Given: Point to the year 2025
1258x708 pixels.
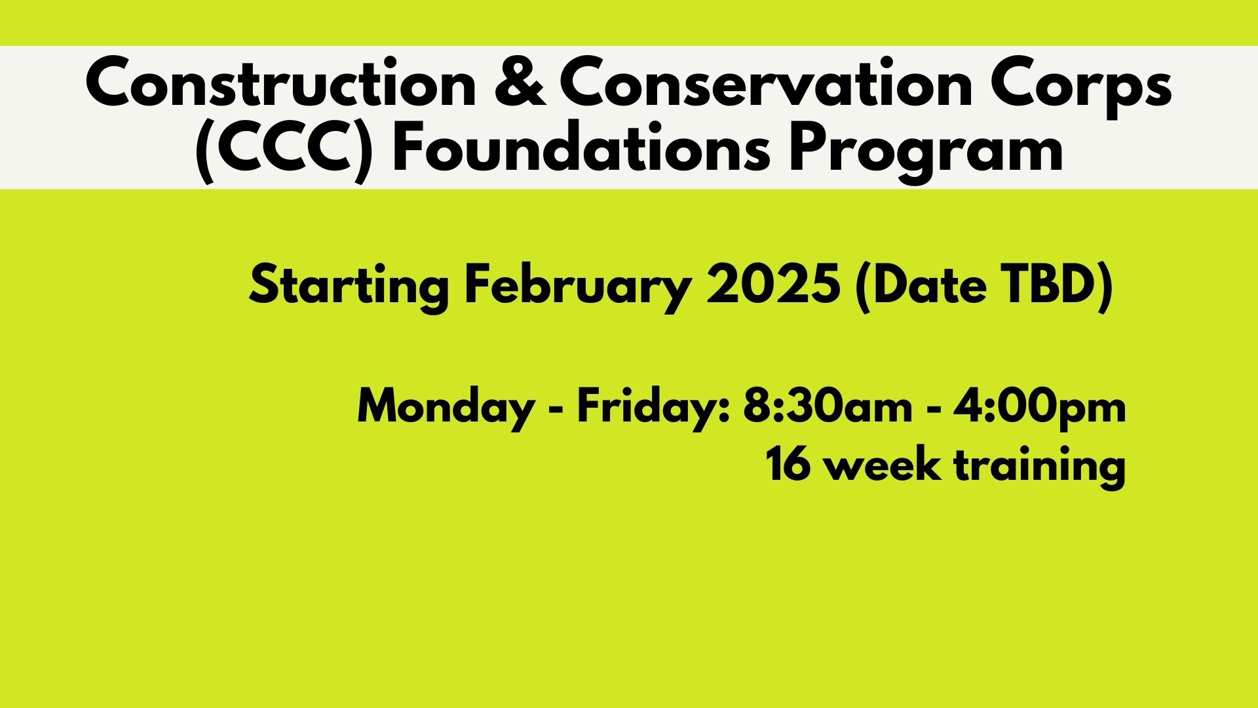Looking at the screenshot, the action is (x=774, y=285).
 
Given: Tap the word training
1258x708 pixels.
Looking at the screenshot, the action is (x=1039, y=467).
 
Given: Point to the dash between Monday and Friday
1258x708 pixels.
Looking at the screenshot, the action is (x=556, y=410).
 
